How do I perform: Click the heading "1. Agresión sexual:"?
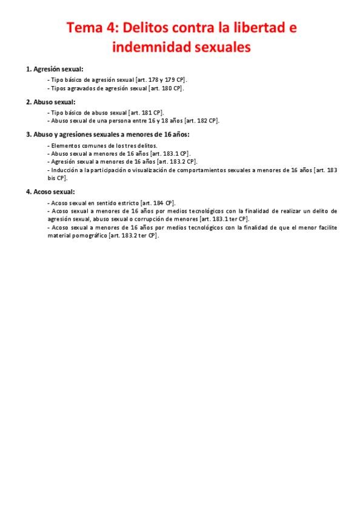(x=55, y=68)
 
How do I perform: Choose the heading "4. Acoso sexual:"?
(x=50, y=192)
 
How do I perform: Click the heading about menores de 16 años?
(x=107, y=135)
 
